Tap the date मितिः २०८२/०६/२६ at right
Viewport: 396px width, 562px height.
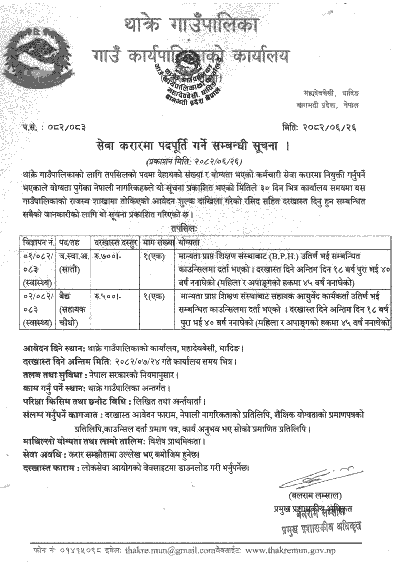tap(318, 128)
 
